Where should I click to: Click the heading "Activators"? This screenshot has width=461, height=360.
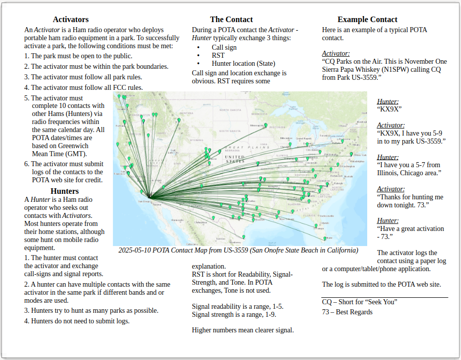tap(71, 20)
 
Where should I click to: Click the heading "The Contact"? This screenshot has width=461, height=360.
tap(231, 20)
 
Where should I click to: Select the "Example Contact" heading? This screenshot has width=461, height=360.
tap(367, 20)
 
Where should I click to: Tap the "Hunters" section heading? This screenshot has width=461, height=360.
tap(65, 191)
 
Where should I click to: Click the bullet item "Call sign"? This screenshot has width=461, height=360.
tap(224, 47)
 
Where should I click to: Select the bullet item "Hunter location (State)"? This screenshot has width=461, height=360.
tap(243, 63)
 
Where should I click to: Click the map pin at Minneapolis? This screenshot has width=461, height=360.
tap(265, 126)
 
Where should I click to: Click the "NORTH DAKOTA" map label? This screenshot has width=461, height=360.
tap(230, 110)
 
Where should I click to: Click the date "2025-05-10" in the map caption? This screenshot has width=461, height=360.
tap(134, 250)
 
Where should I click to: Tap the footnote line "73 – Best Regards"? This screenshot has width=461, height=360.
tap(347, 312)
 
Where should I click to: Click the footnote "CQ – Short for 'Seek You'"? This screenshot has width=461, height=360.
tap(359, 302)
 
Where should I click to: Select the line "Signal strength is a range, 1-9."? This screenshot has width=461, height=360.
tap(234, 315)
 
